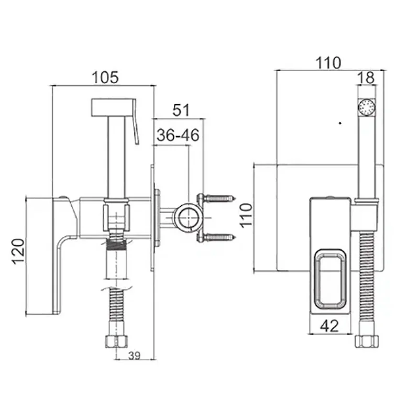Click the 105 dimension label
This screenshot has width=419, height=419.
[x=105, y=78]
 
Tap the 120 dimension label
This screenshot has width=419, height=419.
[x=18, y=251]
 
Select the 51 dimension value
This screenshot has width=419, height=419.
[x=181, y=110]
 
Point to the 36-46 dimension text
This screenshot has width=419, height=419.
[x=178, y=135]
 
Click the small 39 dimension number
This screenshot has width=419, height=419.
[x=134, y=356]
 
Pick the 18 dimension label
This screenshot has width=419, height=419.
[x=366, y=78]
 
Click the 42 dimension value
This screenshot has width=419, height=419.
[x=329, y=326]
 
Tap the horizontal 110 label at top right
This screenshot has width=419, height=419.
[x=328, y=63]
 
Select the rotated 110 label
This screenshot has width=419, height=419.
[x=246, y=215]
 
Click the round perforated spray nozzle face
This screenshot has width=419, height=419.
[x=367, y=108]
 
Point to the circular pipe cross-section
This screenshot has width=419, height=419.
[x=188, y=217]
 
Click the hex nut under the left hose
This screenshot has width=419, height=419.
[x=116, y=341]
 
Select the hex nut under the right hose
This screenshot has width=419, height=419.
[x=367, y=341]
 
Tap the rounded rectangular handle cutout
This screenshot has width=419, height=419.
[x=330, y=279]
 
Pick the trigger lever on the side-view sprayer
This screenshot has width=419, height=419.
[x=136, y=122]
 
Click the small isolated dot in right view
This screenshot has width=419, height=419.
[x=340, y=123]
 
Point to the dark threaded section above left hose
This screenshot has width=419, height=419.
[x=116, y=244]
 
